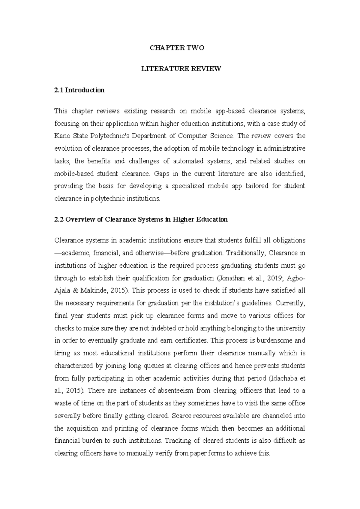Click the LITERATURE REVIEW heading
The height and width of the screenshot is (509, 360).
[x=181, y=69]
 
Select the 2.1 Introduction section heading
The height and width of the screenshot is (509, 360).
[x=79, y=90]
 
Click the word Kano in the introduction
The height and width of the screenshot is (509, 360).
[x=61, y=136]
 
